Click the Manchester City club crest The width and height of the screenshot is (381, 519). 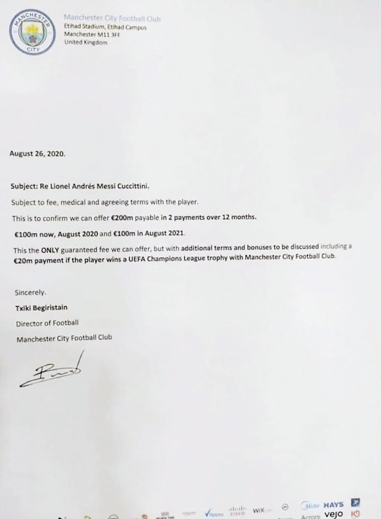32,32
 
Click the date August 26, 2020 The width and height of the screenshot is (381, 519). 37,154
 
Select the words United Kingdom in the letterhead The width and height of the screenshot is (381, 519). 86,42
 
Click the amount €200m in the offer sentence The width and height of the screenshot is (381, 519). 122,218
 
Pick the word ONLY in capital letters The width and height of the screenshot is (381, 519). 50,250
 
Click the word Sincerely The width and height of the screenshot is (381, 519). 30,292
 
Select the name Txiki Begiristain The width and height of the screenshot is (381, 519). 41,308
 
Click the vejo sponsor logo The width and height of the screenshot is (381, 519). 334,514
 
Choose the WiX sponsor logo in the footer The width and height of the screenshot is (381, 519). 258,510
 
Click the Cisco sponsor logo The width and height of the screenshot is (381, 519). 237,510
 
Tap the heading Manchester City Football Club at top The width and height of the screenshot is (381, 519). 112,18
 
